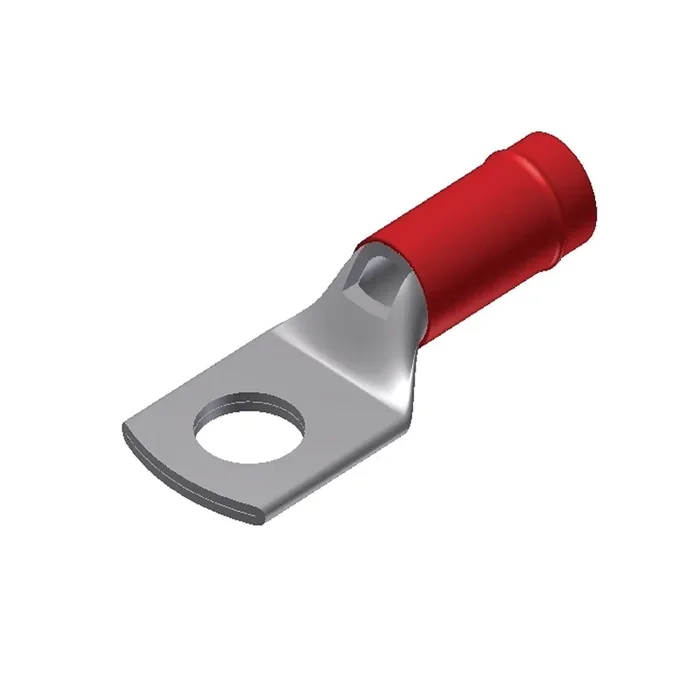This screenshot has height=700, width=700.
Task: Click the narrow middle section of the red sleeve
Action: tap(440, 270)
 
